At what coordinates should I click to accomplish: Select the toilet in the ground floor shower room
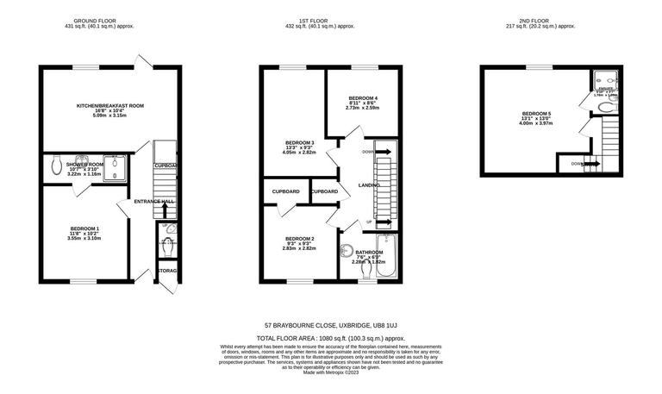tap(57, 164)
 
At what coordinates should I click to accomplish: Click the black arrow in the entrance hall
tap(165, 210)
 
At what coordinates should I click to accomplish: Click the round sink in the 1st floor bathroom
tap(347, 252)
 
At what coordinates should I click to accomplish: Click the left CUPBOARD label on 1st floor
tap(285, 191)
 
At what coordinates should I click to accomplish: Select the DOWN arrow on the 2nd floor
tap(588, 163)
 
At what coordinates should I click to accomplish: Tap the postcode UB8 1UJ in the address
tap(384, 326)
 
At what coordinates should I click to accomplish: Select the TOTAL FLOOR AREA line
tap(331, 339)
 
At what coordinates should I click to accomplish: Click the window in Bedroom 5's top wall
tap(540, 67)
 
